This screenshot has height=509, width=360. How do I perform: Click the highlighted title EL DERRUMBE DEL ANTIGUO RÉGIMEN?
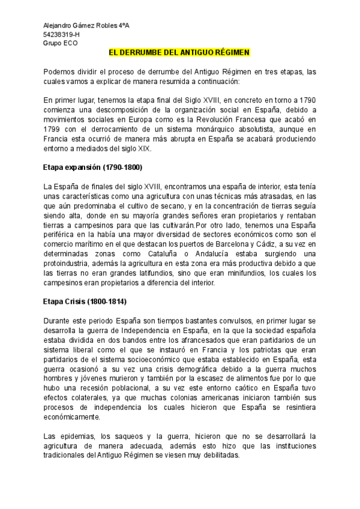click(x=174, y=53)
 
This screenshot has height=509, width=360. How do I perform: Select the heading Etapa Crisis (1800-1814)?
click(x=85, y=301)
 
